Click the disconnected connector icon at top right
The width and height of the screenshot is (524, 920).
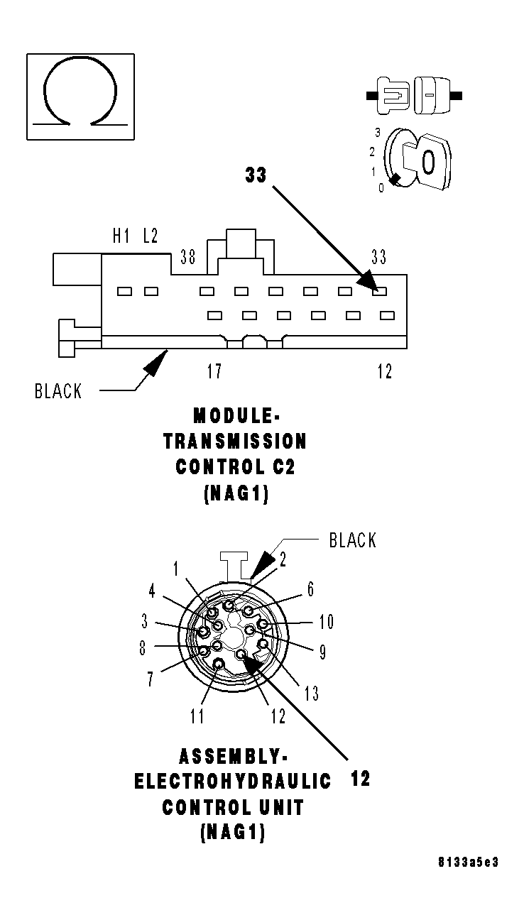click(413, 94)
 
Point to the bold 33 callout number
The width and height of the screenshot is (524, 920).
click(256, 175)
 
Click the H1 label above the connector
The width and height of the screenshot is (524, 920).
click(121, 236)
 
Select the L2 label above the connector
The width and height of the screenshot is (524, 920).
click(150, 236)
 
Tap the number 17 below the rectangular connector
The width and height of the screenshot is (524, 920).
click(214, 371)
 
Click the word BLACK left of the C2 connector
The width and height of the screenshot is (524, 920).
click(58, 391)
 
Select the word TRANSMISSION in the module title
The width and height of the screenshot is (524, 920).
click(235, 441)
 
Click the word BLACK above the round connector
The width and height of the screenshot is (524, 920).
click(352, 540)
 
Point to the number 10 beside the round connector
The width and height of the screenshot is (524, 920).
click(326, 623)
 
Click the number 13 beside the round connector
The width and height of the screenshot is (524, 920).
click(312, 693)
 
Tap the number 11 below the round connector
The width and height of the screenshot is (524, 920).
click(197, 716)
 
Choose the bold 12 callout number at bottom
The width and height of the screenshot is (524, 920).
click(360, 779)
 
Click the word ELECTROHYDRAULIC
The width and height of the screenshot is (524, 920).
click(233, 782)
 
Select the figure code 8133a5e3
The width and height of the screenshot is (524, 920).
click(468, 862)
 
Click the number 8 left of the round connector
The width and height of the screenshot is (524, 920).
click(143, 647)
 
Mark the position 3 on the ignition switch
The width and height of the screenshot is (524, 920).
click(378, 133)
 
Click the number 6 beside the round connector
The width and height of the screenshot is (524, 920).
click(310, 589)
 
